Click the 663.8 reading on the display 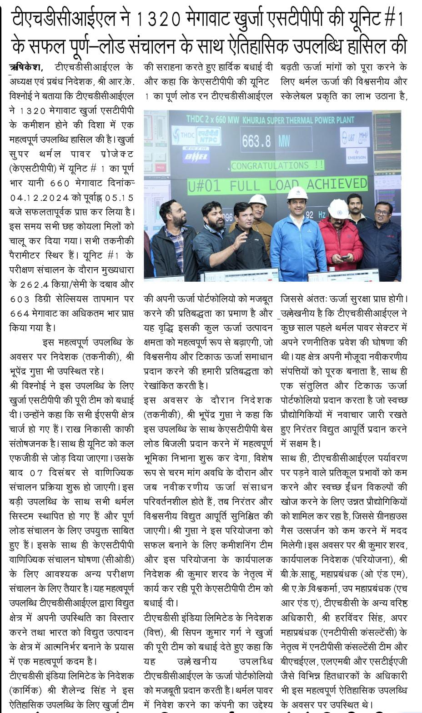[256, 141]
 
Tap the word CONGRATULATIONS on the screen [270, 166]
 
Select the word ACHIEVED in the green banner [337, 184]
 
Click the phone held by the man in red [345, 257]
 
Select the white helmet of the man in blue [297, 193]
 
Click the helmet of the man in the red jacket [338, 208]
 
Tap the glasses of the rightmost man [382, 212]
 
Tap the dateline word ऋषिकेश [26, 67]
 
